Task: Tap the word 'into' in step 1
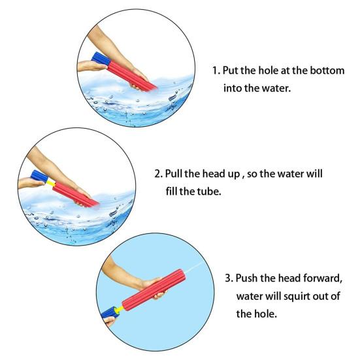click(x=233, y=86)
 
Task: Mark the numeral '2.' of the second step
click(x=158, y=175)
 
